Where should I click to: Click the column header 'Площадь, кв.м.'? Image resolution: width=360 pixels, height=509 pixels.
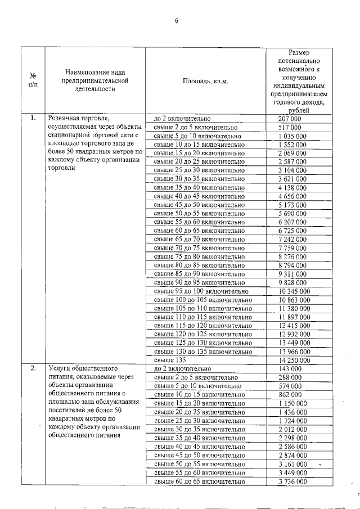tap(205, 82)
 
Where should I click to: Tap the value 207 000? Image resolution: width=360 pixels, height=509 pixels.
tap(290, 119)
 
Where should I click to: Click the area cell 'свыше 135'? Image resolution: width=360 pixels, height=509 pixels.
tap(170, 361)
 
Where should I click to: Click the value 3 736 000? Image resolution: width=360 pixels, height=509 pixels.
tap(293, 482)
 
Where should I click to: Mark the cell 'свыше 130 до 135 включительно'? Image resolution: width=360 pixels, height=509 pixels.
tap(203, 352)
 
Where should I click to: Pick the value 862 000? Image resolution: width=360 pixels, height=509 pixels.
tap(290, 395)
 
